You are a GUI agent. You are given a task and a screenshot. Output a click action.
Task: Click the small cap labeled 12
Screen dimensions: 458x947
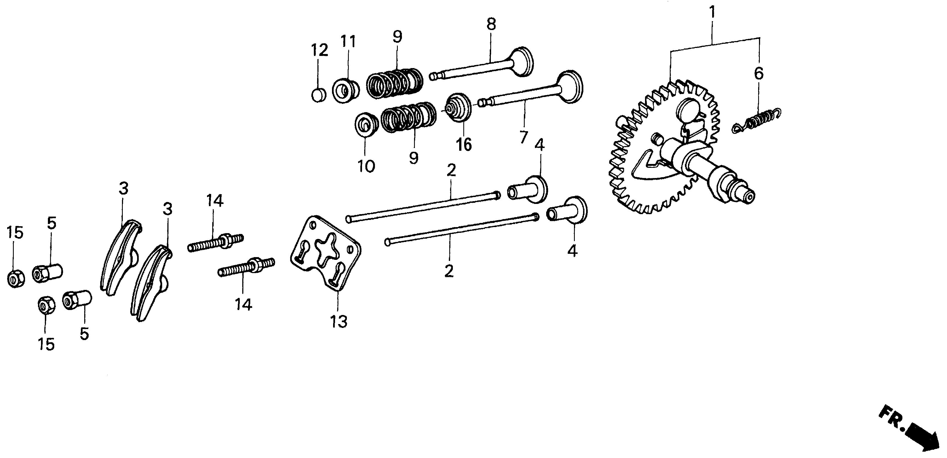[x=318, y=95]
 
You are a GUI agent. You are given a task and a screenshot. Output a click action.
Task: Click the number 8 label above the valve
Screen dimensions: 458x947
[x=491, y=24]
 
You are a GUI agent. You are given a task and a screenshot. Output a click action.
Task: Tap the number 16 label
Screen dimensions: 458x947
[x=464, y=145]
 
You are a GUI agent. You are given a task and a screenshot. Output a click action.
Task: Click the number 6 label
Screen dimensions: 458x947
[x=758, y=73]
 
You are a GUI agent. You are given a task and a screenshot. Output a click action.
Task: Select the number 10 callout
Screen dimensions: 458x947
[x=366, y=166]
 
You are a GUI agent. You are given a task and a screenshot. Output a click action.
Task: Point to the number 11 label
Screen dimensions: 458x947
[x=348, y=42]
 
